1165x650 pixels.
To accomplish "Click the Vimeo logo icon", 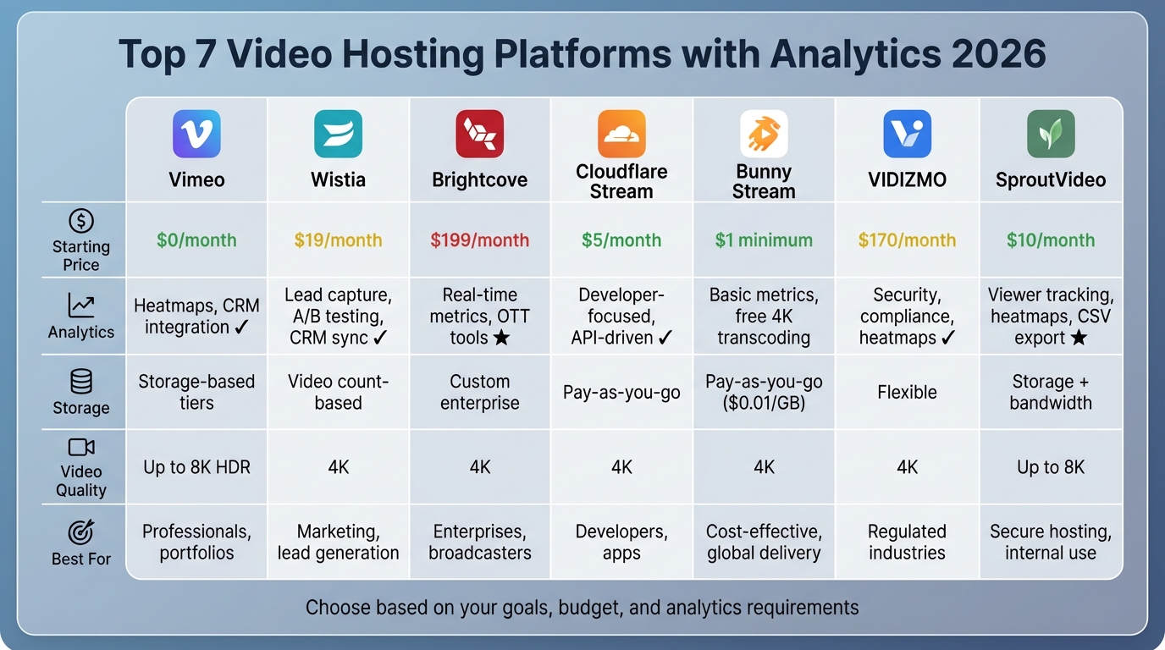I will [196, 134].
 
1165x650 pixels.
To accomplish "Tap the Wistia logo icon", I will [338, 134].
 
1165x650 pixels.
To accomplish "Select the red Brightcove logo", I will [479, 134].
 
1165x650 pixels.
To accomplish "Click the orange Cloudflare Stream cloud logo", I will [621, 133].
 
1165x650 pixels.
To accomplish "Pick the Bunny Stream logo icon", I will [764, 134].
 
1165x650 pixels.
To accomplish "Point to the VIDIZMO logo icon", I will [907, 134].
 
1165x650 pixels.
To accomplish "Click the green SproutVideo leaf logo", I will [1051, 134].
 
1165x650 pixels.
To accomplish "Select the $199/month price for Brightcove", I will [479, 240].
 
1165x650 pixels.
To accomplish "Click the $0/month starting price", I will [196, 240].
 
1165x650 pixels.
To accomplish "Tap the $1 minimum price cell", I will [764, 240].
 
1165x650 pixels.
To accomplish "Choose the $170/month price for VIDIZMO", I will [907, 240].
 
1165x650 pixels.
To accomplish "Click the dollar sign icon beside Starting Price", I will [81, 222].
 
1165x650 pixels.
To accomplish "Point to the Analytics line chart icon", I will [81, 306].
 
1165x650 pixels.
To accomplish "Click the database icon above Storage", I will [81, 382].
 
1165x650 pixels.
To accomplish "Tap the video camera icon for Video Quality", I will [81, 447].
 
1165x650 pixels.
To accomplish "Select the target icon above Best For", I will [81, 532].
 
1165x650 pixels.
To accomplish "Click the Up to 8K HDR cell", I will [196, 466].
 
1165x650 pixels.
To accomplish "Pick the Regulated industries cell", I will [907, 542].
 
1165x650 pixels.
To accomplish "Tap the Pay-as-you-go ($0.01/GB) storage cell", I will [764, 392].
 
